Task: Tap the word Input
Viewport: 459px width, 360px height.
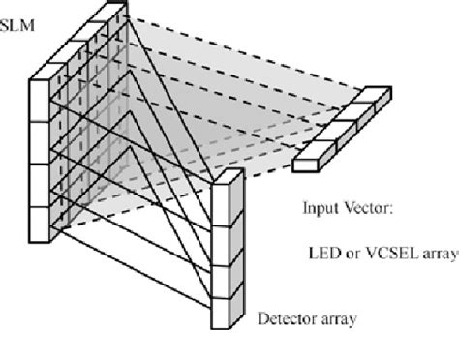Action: pyautogui.click(x=316, y=205)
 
